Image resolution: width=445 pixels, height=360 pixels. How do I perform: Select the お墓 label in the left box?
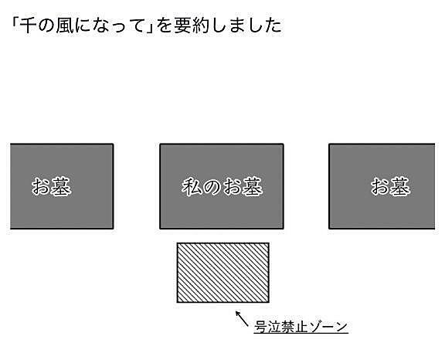tap(51, 186)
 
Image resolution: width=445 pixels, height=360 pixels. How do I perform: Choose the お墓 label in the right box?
tap(390, 186)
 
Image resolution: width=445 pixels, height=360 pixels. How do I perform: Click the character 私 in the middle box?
tap(192, 186)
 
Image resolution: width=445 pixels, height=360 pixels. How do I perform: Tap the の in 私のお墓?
tap(212, 187)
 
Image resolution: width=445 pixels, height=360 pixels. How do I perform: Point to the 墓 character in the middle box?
tap(253, 186)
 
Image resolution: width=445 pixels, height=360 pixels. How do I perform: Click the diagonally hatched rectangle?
tap(223, 273)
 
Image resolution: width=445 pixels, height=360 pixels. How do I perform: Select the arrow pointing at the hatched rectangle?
tap(242, 318)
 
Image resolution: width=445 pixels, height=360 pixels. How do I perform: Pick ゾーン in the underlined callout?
tap(328, 327)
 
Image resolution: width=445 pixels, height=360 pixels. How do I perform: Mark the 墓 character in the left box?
tap(61, 186)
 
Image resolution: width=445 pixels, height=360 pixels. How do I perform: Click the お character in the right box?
tap(380, 186)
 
